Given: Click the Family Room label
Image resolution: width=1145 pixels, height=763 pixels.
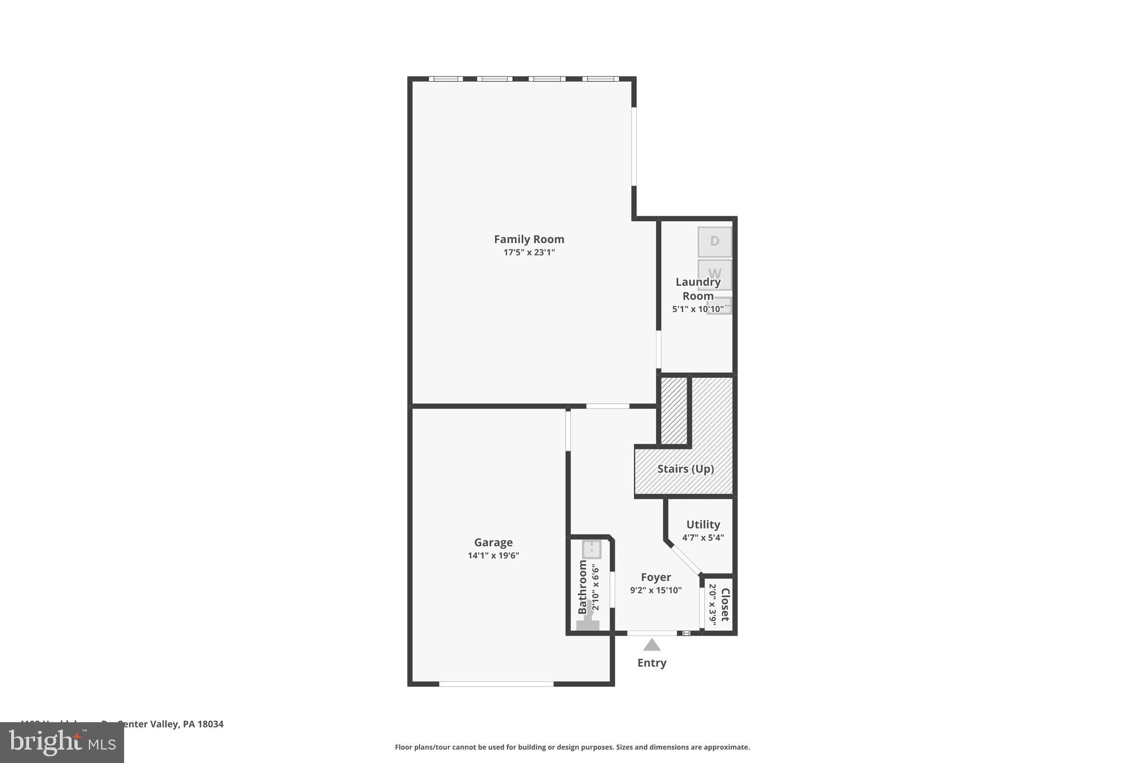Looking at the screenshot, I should click(529, 239).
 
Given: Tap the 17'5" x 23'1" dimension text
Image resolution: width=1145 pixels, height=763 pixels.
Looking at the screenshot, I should click(529, 253).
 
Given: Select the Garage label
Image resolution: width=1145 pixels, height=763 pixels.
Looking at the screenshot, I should click(493, 542).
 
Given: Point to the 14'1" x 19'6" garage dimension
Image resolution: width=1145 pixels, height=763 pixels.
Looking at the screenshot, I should click(493, 556).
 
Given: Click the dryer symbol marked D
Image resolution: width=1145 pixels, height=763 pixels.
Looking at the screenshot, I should click(715, 241).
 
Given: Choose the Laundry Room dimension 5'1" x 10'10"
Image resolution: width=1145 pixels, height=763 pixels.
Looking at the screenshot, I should click(698, 309).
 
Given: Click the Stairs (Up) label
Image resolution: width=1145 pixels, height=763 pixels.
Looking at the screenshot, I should click(685, 469).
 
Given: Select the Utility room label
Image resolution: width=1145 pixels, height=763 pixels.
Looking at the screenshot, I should click(703, 524).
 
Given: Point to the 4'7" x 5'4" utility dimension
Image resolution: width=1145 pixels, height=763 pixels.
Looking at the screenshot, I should click(703, 538).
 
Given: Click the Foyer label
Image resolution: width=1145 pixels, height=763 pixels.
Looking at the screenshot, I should click(656, 577).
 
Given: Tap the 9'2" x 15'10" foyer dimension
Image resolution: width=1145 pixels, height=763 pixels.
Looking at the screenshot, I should click(656, 590).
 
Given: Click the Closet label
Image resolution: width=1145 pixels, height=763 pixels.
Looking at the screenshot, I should click(725, 605).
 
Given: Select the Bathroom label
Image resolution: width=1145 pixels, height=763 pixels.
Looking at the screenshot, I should click(583, 587).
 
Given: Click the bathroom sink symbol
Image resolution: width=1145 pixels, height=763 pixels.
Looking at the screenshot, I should click(592, 549).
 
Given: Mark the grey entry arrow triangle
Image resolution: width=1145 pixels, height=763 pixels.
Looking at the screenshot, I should click(652, 646).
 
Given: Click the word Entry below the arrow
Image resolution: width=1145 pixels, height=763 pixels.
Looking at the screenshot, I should click(652, 663).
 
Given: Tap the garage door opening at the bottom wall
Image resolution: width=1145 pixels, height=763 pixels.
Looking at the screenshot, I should click(496, 684).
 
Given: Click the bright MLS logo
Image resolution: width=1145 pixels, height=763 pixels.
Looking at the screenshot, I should click(62, 743).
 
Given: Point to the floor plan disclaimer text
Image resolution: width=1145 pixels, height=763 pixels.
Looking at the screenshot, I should click(572, 747).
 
